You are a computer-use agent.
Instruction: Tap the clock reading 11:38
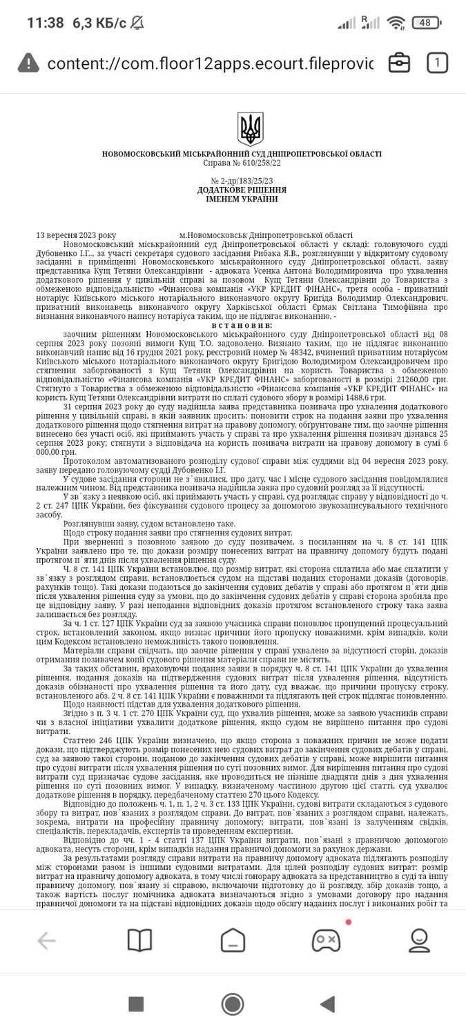point(45,23)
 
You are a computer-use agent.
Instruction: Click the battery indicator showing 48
point(426,23)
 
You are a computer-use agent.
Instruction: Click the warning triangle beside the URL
point(28,63)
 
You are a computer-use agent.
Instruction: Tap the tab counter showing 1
point(436,63)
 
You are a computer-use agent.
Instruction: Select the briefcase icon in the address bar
point(399,63)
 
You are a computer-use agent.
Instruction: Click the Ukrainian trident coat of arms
point(250,129)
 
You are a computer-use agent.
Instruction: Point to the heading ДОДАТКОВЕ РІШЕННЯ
point(242,190)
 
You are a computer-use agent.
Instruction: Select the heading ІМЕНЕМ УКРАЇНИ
point(242,199)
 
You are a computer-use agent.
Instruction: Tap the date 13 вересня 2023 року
point(76,235)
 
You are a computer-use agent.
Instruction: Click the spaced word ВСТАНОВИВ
point(242,324)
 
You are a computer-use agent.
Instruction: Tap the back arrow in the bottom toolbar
point(46,940)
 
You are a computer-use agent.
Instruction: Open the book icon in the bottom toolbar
point(139,940)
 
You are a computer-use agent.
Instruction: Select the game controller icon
point(326,940)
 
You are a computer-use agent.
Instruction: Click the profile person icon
point(419,940)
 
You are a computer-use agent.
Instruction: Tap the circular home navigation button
point(233,1004)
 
